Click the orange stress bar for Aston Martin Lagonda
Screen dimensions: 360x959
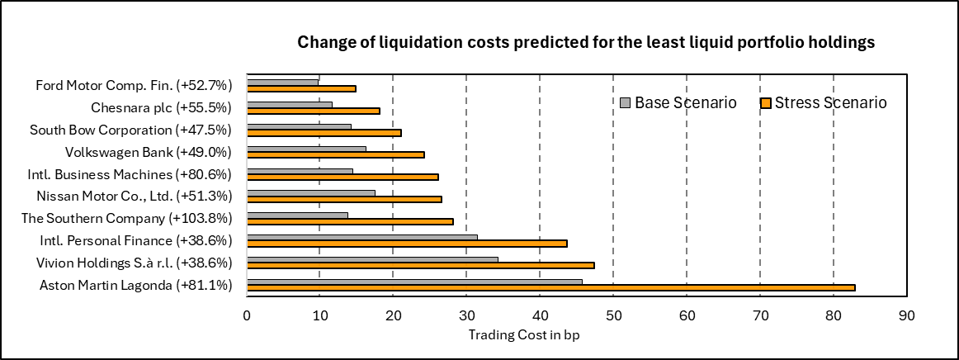[550, 287]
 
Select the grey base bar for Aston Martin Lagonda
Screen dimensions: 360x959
[414, 282]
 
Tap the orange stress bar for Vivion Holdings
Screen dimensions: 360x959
[420, 265]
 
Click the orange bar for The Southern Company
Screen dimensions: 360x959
[350, 221]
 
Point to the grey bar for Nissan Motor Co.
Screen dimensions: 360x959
[311, 192]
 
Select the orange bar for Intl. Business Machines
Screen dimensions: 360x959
[342, 177]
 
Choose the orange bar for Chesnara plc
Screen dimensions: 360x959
[313, 110]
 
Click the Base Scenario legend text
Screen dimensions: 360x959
[686, 102]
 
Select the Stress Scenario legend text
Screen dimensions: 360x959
[830, 102]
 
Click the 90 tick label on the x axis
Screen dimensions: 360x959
[906, 315]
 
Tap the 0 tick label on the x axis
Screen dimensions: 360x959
[247, 315]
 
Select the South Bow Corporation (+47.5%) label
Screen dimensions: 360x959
[130, 130]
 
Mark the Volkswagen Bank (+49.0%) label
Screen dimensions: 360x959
[148, 152]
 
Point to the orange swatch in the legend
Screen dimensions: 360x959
[765, 103]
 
